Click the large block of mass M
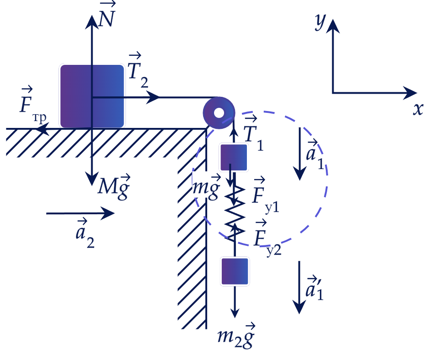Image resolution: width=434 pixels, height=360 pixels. [x=92, y=96]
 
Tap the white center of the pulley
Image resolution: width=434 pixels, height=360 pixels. [x=219, y=113]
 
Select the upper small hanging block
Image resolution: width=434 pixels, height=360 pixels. [x=234, y=157]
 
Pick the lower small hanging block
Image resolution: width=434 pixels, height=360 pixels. [x=235, y=271]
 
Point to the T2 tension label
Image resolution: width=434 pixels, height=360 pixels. [x=138, y=70]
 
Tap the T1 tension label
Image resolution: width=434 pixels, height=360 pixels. [x=253, y=133]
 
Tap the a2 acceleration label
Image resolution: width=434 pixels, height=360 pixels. [x=85, y=233]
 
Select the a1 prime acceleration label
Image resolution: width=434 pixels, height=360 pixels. [x=314, y=288]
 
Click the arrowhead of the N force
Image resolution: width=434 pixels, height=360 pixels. [x=92, y=21]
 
